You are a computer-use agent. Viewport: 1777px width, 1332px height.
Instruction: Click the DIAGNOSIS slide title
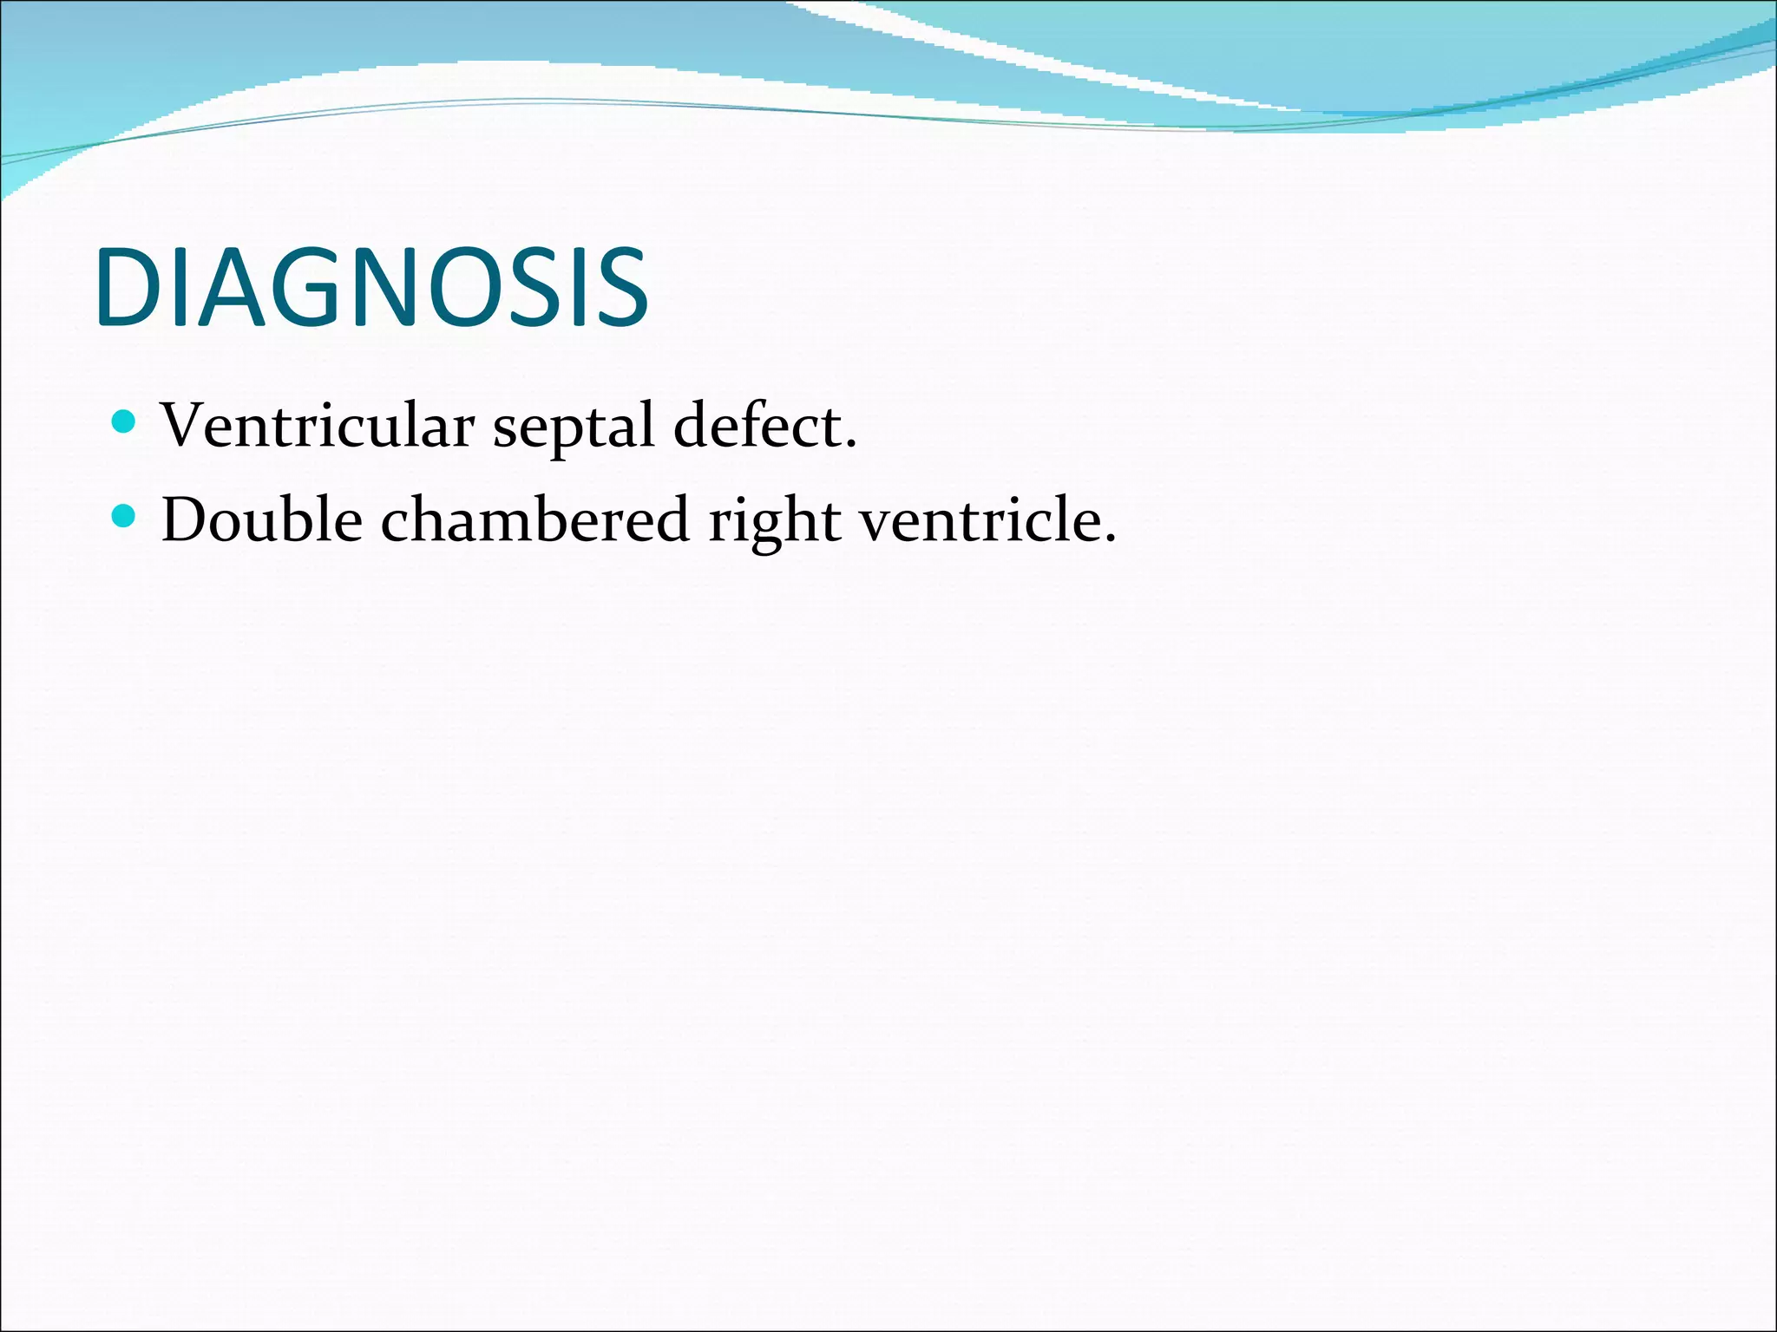pos(371,289)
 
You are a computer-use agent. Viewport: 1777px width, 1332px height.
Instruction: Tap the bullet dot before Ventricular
pos(125,422)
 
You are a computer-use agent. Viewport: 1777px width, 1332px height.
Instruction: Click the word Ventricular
pos(318,427)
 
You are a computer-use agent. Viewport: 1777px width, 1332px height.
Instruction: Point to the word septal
pos(574,429)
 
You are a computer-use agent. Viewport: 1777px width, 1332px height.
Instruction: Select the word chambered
pos(534,520)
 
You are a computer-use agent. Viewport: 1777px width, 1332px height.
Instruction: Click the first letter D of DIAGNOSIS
pos(128,289)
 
